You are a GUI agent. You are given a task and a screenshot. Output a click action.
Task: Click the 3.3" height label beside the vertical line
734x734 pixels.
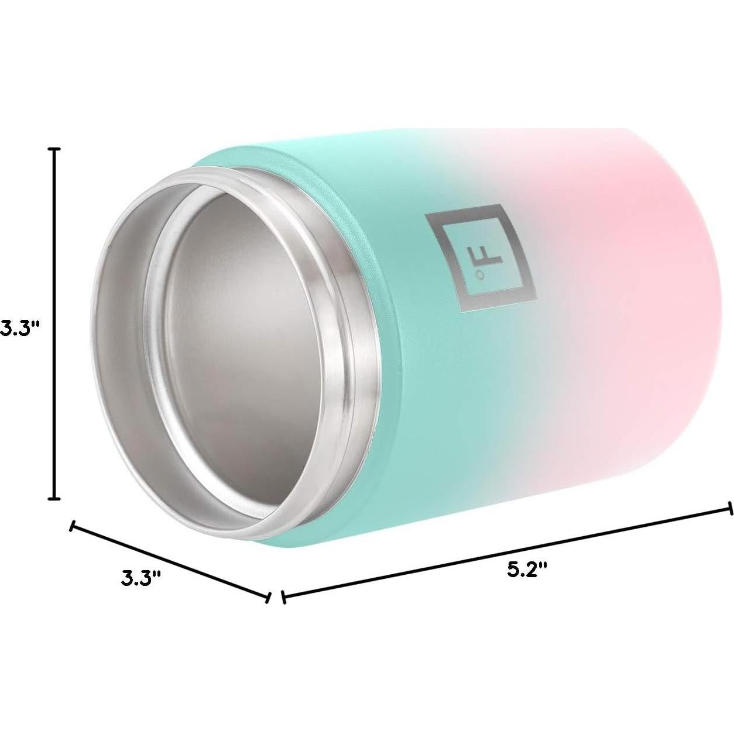(x=19, y=327)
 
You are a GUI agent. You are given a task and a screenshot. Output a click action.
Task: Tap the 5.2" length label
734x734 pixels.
(x=527, y=570)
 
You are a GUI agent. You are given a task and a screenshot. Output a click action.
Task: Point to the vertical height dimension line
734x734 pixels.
(x=56, y=322)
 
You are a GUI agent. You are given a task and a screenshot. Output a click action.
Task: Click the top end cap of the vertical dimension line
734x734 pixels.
(x=56, y=150)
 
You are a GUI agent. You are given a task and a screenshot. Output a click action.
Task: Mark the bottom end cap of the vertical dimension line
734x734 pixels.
(x=56, y=499)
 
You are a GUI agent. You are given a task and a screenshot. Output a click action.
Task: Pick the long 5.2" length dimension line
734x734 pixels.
(x=506, y=553)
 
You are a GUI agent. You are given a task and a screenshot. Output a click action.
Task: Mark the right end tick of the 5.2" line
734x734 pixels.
(x=729, y=508)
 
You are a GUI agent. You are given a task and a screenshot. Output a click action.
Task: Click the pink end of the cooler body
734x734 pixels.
(x=644, y=293)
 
